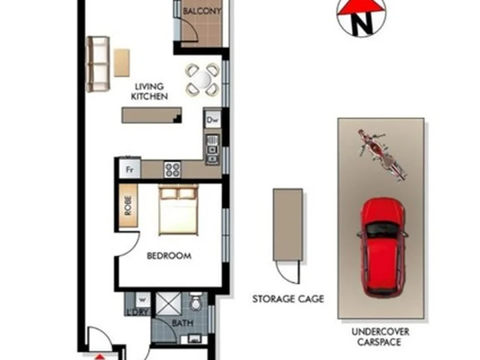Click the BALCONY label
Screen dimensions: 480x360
click(202, 11)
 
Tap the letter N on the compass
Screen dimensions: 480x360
click(361, 23)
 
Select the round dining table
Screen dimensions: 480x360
click(202, 79)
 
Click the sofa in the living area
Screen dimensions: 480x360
click(98, 64)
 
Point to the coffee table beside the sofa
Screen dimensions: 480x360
click(122, 63)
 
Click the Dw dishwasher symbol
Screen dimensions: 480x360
click(213, 119)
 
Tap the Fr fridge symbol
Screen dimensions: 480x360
click(130, 169)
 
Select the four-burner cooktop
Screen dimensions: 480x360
click(173, 169)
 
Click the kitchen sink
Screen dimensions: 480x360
click(212, 149)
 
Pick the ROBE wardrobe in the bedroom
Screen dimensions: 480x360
click(128, 205)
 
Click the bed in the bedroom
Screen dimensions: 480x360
click(178, 210)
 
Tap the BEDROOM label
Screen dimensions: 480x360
click(169, 255)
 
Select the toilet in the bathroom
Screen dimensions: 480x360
click(195, 301)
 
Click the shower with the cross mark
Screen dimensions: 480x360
click(169, 304)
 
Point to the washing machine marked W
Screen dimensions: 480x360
click(143, 299)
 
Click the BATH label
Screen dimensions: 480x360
click(183, 323)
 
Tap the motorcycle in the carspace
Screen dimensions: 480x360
click(383, 155)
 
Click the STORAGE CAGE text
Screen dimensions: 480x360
click(288, 299)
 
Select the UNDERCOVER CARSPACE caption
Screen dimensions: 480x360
click(380, 337)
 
